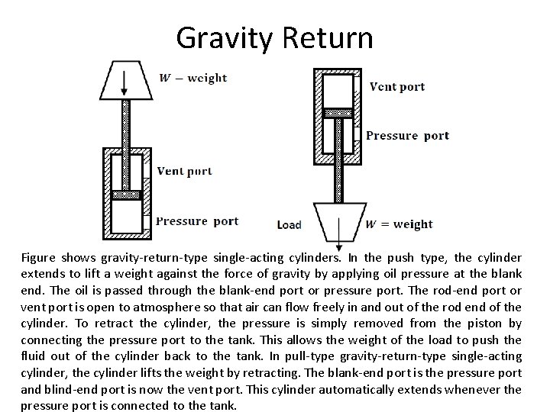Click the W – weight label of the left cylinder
pyautogui.click(x=192, y=78)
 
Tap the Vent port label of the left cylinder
pyautogui.click(x=184, y=171)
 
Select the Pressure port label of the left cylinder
pyautogui.click(x=197, y=221)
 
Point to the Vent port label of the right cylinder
pyautogui.click(x=397, y=86)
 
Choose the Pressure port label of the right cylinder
pyautogui.click(x=408, y=136)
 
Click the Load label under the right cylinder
pyautogui.click(x=290, y=225)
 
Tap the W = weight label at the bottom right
pyautogui.click(x=399, y=224)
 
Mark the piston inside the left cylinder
pyautogui.click(x=126, y=195)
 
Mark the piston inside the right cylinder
pyautogui.click(x=337, y=113)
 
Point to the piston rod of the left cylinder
pyautogui.click(x=126, y=126)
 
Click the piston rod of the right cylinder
pyautogui.click(x=337, y=160)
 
